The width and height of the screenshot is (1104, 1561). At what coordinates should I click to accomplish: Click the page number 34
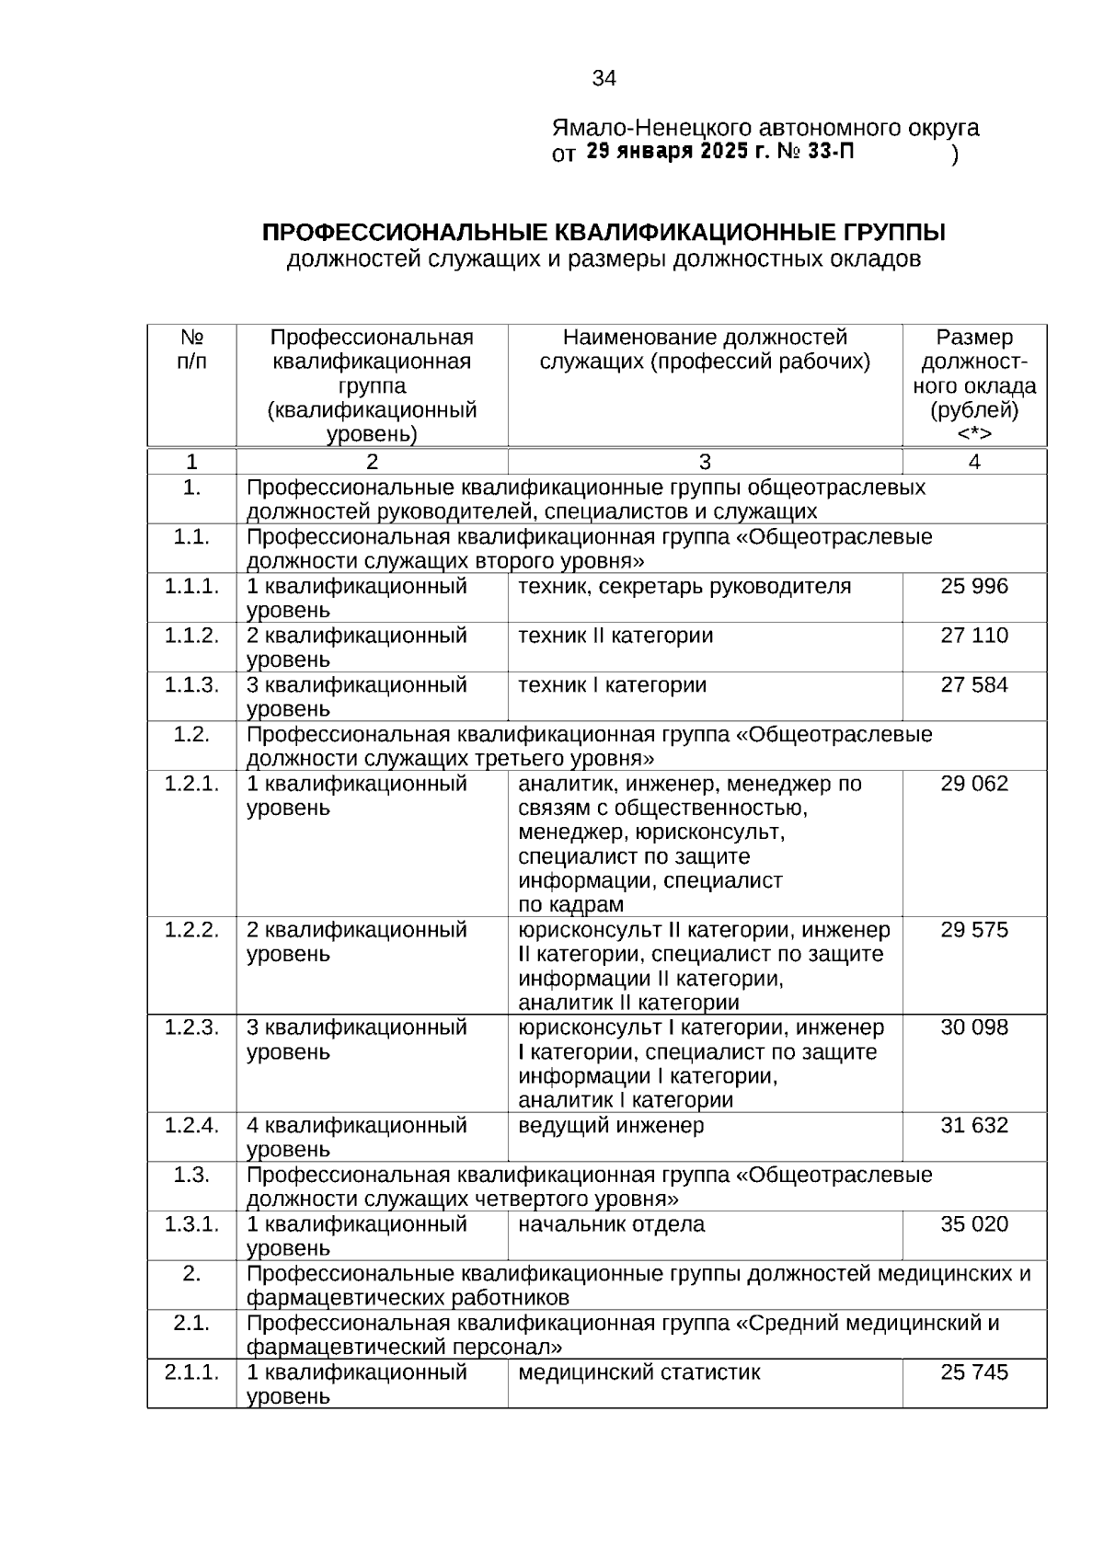pyautogui.click(x=604, y=79)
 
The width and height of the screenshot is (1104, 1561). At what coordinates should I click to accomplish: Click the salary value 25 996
pyautogui.click(x=974, y=587)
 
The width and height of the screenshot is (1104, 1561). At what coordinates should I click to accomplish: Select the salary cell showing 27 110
pyautogui.click(x=974, y=637)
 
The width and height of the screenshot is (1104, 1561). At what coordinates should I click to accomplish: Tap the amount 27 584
pyautogui.click(x=974, y=685)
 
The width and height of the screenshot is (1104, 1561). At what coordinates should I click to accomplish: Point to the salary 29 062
pyautogui.click(x=974, y=785)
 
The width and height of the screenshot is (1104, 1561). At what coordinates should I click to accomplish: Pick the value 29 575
pyautogui.click(x=974, y=930)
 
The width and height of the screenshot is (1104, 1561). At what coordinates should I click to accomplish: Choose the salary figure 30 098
pyautogui.click(x=974, y=1027)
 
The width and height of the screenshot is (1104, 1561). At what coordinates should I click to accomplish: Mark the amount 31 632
pyautogui.click(x=974, y=1126)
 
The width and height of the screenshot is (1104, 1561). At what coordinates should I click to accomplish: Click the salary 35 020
pyautogui.click(x=974, y=1224)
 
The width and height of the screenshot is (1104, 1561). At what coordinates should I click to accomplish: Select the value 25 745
pyautogui.click(x=974, y=1373)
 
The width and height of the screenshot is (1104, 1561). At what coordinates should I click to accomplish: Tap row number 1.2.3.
pyautogui.click(x=191, y=1027)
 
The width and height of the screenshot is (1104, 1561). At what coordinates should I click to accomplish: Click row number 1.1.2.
pyautogui.click(x=191, y=637)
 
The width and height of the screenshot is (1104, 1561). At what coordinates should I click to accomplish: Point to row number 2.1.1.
pyautogui.click(x=191, y=1373)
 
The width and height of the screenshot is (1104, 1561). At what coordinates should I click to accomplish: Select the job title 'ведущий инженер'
pyautogui.click(x=611, y=1126)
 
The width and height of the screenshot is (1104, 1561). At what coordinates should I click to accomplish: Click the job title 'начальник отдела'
pyautogui.click(x=611, y=1224)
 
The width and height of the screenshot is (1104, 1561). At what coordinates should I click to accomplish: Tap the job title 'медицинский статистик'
pyautogui.click(x=639, y=1373)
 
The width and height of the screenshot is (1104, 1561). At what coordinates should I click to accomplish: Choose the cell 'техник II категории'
pyautogui.click(x=615, y=637)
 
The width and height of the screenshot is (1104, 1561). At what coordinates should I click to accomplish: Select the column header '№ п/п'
pyautogui.click(x=191, y=350)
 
